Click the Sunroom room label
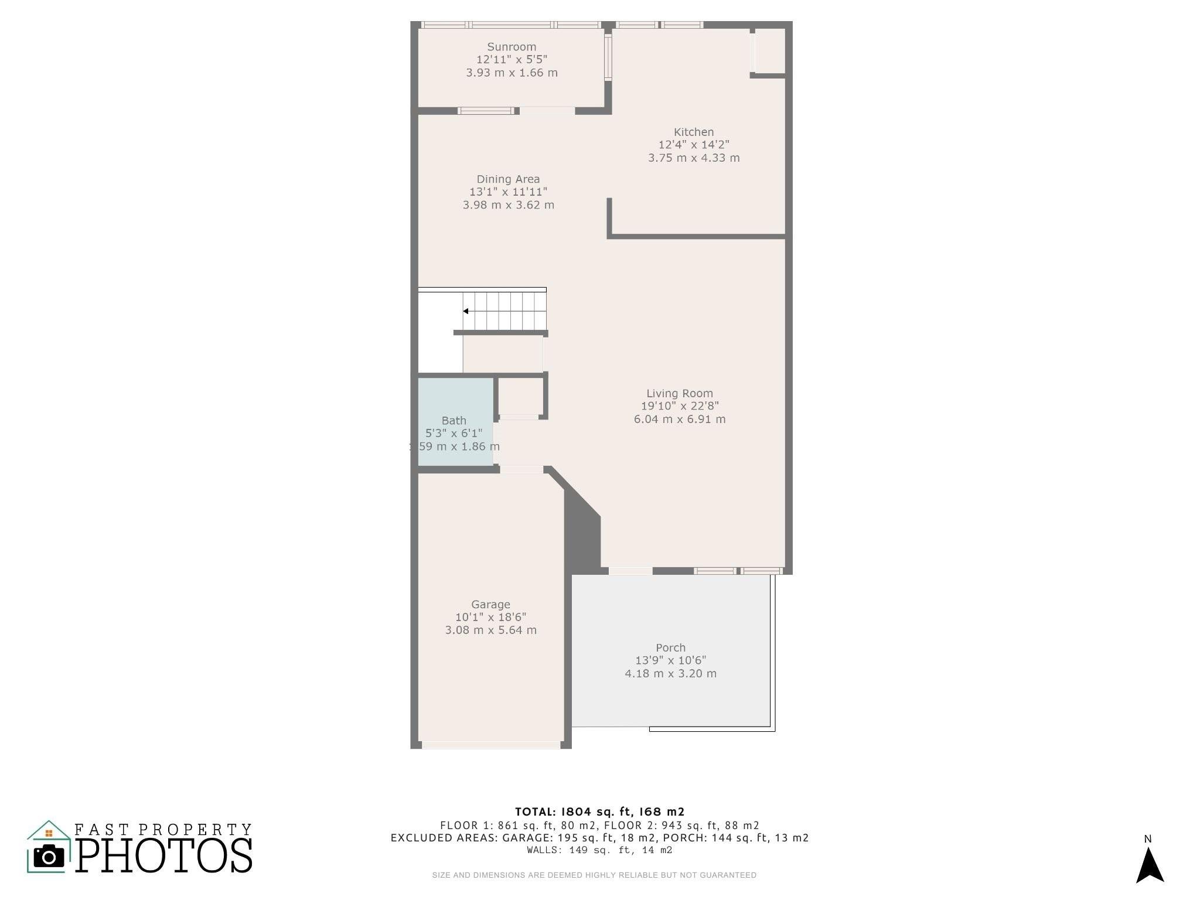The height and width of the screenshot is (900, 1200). (x=512, y=47)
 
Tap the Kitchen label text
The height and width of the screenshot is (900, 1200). (x=694, y=132)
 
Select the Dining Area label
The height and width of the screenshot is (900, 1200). (x=508, y=179)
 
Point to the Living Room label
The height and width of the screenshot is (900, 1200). (x=680, y=394)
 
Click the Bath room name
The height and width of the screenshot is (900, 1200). (x=454, y=421)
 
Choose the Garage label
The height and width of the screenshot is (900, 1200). (x=490, y=605)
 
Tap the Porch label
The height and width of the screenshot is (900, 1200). (x=670, y=648)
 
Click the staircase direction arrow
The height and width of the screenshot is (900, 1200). (x=466, y=311)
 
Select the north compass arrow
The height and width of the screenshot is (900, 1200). (x=1150, y=865)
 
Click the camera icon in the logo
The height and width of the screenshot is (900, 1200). (x=49, y=857)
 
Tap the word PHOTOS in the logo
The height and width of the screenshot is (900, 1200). (x=164, y=855)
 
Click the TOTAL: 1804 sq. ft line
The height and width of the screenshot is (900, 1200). (x=599, y=812)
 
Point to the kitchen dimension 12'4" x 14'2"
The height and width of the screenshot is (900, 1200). (x=694, y=145)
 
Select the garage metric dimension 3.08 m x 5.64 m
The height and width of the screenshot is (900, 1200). (x=490, y=630)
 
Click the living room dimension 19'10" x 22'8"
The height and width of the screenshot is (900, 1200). (x=680, y=406)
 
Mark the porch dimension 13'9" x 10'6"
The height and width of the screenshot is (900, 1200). (x=670, y=660)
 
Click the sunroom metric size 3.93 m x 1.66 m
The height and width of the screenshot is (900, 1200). (x=512, y=73)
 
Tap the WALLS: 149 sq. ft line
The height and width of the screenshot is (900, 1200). (x=599, y=850)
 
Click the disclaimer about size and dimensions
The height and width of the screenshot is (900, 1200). (x=594, y=875)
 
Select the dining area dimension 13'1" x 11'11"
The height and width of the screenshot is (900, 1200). (x=508, y=192)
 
